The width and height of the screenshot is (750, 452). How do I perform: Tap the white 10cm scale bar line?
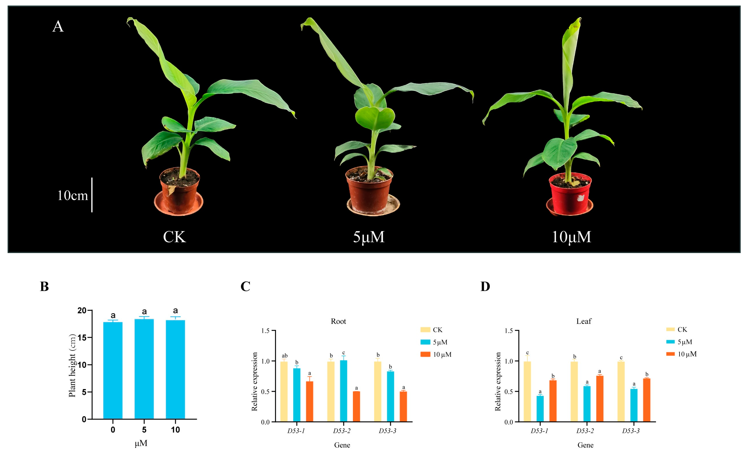tap(92, 195)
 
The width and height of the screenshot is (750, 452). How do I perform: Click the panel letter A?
tap(58, 26)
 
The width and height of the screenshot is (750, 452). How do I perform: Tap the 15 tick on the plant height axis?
tap(82, 337)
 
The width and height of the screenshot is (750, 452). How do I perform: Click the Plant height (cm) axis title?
tap(72, 365)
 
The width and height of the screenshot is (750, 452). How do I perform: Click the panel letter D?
tap(485, 286)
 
